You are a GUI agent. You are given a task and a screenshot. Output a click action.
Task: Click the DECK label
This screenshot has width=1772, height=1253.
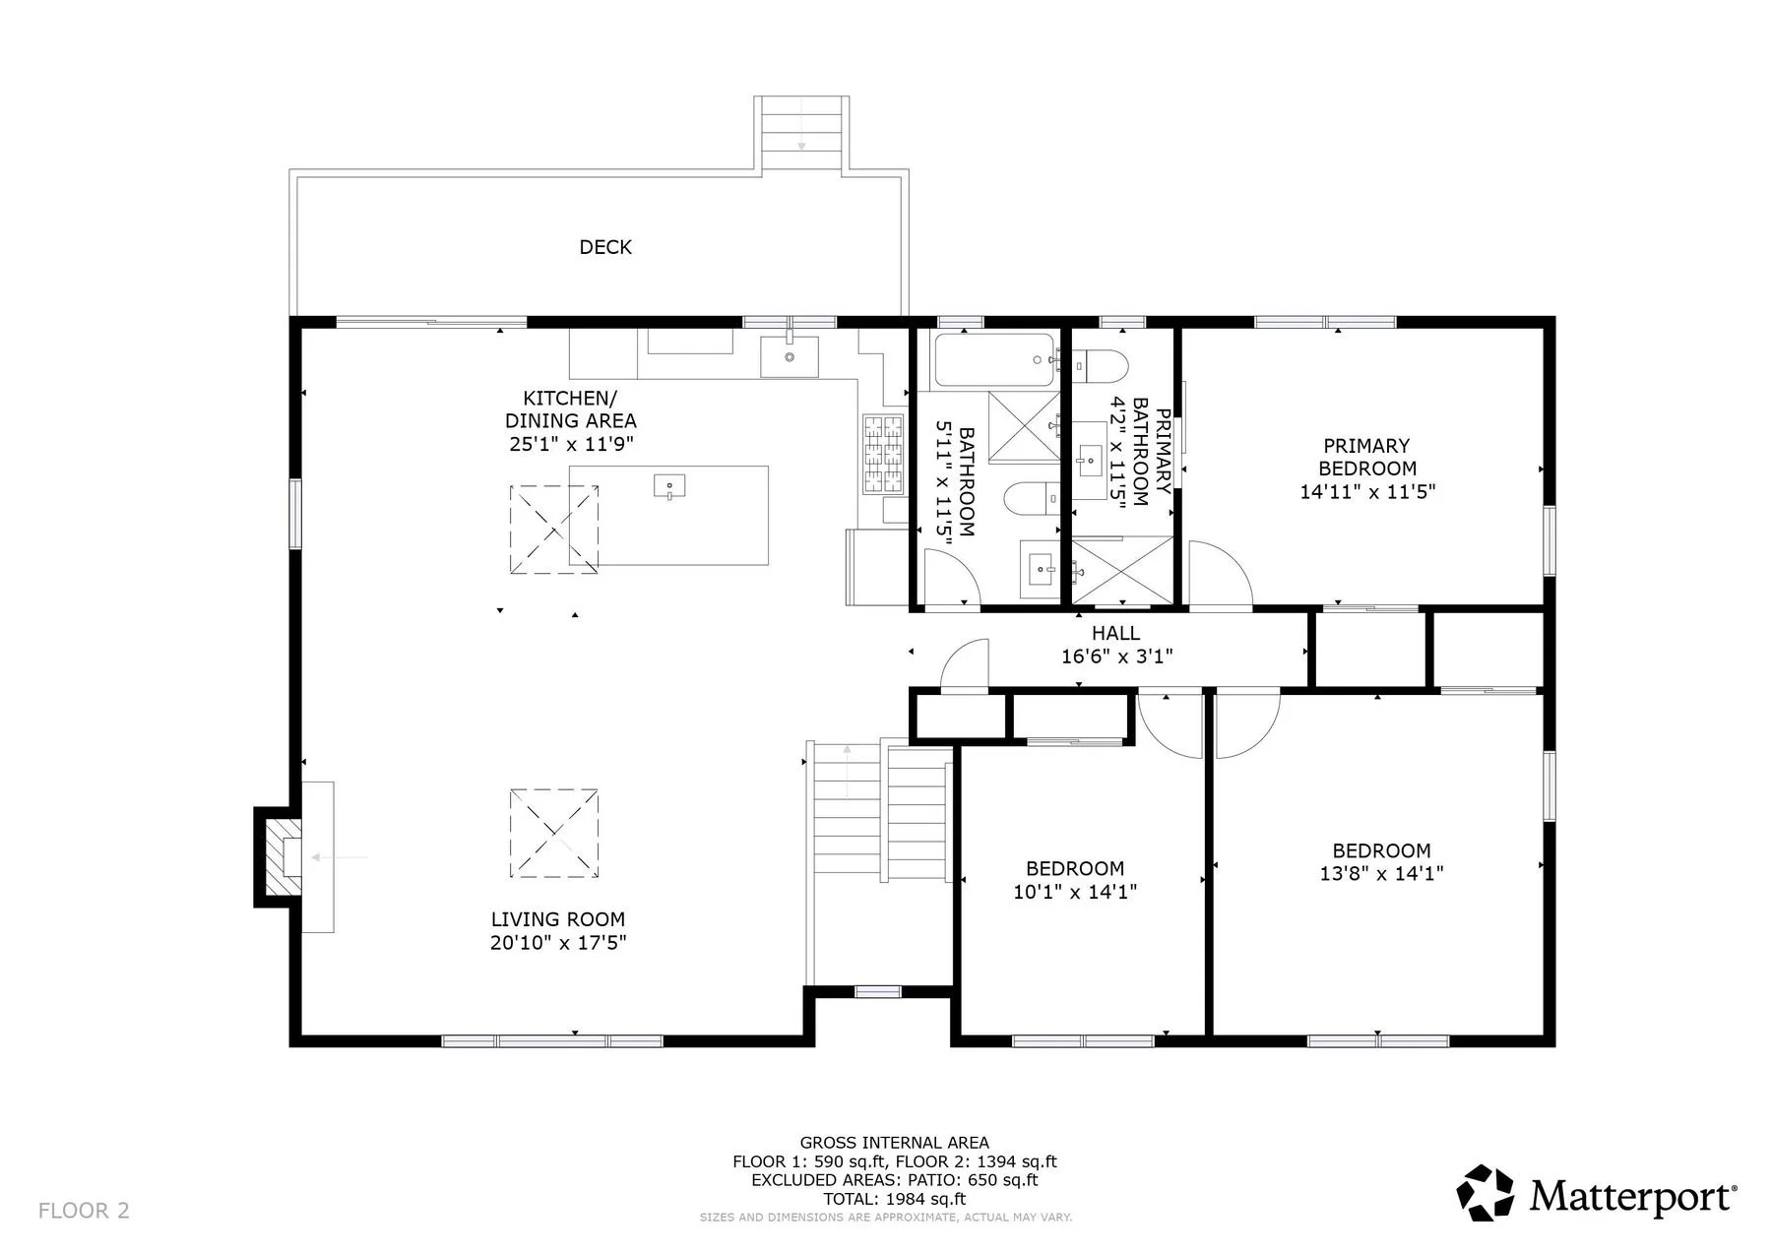tap(605, 247)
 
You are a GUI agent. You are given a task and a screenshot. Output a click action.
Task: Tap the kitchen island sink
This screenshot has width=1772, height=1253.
tap(669, 486)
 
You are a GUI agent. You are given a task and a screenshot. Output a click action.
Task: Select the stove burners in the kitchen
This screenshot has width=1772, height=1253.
tap(883, 454)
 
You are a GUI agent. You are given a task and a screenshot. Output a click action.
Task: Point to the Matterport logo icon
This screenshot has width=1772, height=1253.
tap(1486, 1193)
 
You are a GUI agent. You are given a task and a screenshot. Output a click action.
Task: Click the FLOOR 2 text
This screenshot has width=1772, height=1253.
tap(84, 1211)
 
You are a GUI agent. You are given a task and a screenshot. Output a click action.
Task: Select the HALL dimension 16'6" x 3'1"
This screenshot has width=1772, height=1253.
tap(1116, 657)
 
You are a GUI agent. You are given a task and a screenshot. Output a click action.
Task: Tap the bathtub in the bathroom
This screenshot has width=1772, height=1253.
tap(995, 359)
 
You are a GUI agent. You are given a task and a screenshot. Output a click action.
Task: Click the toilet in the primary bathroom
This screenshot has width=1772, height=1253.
tap(1101, 365)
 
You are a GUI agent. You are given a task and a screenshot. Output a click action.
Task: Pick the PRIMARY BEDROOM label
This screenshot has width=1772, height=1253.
tap(1367, 457)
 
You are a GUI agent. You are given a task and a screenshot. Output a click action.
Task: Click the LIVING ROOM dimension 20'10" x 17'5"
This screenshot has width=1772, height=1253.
tap(558, 943)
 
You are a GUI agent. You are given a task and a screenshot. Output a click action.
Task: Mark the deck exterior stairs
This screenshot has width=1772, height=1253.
tap(801, 134)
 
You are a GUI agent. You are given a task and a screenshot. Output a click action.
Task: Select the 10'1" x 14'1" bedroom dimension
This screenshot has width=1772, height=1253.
tap(1075, 892)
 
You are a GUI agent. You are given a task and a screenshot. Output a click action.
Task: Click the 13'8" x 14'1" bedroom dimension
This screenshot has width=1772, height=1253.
tap(1381, 873)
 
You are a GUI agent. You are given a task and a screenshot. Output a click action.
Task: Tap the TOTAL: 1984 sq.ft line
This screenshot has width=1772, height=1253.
tap(894, 1199)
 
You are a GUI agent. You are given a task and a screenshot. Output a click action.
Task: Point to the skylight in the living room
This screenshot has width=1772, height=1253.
tap(554, 833)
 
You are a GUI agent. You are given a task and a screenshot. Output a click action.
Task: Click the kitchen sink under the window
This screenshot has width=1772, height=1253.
tap(789, 355)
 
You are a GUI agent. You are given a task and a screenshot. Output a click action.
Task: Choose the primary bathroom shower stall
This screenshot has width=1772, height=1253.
tap(1122, 570)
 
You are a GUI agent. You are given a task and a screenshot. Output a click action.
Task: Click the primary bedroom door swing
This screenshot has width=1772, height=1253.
tap(1221, 574)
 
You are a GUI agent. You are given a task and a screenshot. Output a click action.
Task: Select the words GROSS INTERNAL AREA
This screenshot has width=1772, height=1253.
tap(894, 1143)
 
